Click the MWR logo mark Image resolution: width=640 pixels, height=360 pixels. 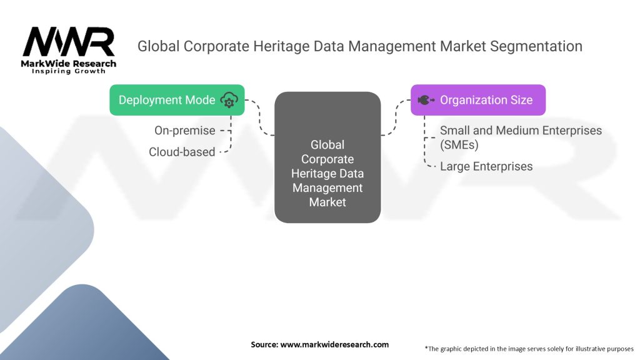(x=69, y=42)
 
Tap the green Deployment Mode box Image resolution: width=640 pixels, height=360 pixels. (x=177, y=100)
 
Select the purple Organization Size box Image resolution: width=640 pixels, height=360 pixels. (x=477, y=100)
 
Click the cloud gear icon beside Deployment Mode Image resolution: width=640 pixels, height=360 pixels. (x=229, y=100)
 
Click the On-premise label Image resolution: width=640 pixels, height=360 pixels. (x=185, y=131)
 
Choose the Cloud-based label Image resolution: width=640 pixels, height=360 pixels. (x=182, y=152)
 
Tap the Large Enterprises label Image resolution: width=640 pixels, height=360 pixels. (x=486, y=166)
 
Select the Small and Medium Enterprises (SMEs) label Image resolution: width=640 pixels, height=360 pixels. (x=521, y=137)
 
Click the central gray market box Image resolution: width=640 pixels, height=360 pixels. (x=327, y=157)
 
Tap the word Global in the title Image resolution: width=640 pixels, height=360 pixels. (x=157, y=46)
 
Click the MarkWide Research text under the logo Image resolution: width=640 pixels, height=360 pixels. (x=69, y=64)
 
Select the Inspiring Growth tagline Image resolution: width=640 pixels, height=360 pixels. (x=69, y=72)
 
